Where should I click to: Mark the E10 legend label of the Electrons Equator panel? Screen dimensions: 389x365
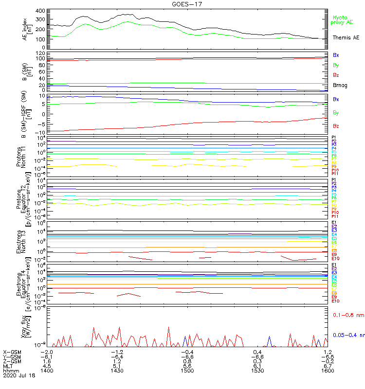click(335, 301)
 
